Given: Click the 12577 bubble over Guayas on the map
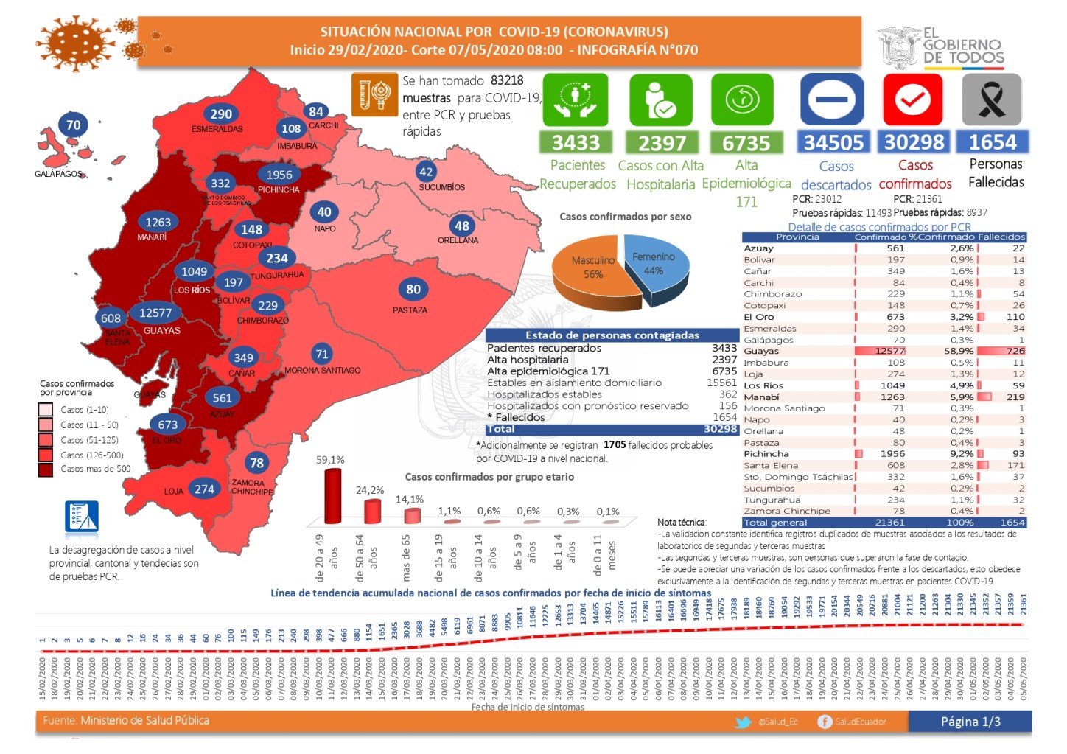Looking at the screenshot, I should pos(155,313).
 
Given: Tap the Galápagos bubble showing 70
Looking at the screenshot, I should pos(74,125).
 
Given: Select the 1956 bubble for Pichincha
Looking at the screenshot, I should pos(279,175).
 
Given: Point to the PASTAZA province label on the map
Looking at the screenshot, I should pos(410,310).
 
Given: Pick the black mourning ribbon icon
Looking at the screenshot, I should pos(992,100).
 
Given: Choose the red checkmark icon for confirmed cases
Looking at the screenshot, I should pos(913,100).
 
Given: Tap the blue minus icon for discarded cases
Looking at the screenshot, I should pos(833,100).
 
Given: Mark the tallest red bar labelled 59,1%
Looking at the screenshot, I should pos(333,495).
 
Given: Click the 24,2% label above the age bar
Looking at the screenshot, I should pos(370,490).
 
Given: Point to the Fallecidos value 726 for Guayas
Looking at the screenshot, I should pos(1015,351).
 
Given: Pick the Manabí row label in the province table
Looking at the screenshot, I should pos(761,397).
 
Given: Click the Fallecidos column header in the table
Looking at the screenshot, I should pos(1001,237).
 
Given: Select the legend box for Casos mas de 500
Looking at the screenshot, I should pos(46,469).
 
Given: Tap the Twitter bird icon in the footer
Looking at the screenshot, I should pos(744,722).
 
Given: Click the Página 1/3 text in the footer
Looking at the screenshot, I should pos(970,722).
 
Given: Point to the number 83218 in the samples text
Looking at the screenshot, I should pos(507,80).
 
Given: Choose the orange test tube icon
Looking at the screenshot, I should pos(374,95).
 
